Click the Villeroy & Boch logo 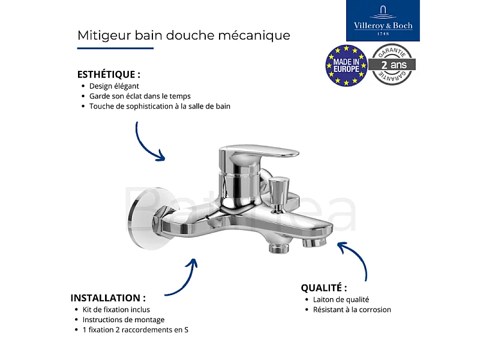tap(383, 21)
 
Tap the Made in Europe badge tap(346, 64)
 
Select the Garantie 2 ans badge tap(393, 64)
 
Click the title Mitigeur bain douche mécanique tap(184, 35)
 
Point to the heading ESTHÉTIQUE tap(109, 75)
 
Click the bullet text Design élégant tap(114, 86)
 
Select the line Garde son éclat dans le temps tap(140, 96)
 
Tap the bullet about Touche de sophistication tap(160, 106)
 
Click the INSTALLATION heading tap(108, 298)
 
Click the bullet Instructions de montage tap(124, 320)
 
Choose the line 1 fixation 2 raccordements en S tap(136, 330)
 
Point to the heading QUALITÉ tap(323, 288)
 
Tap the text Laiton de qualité tap(341, 299)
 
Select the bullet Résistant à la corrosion tap(352, 310)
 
